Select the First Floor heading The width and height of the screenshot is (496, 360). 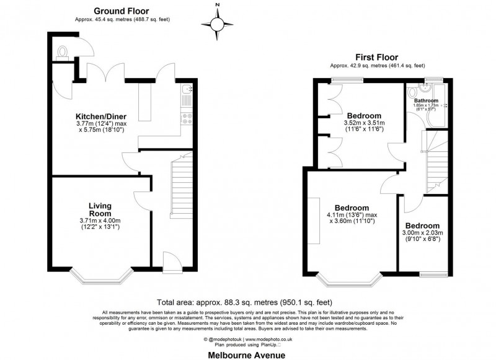tap(377, 56)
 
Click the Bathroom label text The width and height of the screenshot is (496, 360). tap(426, 100)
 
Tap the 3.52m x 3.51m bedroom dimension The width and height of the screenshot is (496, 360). tap(364, 123)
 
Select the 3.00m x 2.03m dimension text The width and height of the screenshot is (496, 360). tap(422, 233)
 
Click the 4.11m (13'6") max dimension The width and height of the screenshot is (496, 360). tap(352, 214)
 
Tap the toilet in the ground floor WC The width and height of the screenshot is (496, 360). tap(63, 52)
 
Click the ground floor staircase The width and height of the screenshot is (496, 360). tap(182, 186)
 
